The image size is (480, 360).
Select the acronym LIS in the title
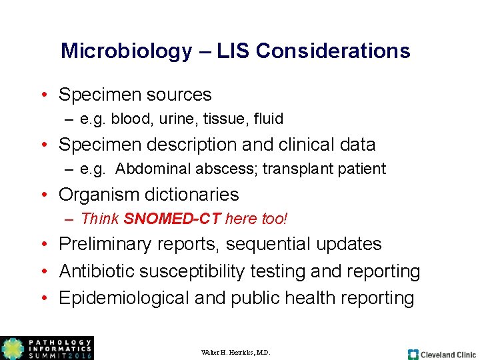click(235, 51)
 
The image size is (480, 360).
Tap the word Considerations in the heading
click(333, 51)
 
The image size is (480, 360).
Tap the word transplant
click(295, 169)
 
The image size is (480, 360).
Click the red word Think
click(99, 219)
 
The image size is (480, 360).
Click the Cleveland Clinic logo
click(441, 354)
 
